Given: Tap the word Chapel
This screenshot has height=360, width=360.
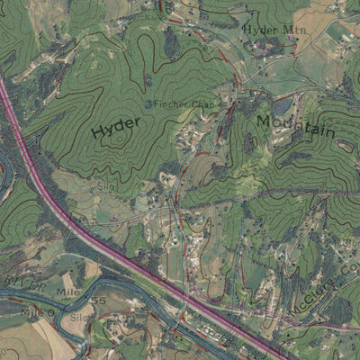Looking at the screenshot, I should pyautogui.click(x=205, y=104).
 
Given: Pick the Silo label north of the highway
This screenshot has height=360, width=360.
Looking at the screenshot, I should pyautogui.click(x=107, y=184).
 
